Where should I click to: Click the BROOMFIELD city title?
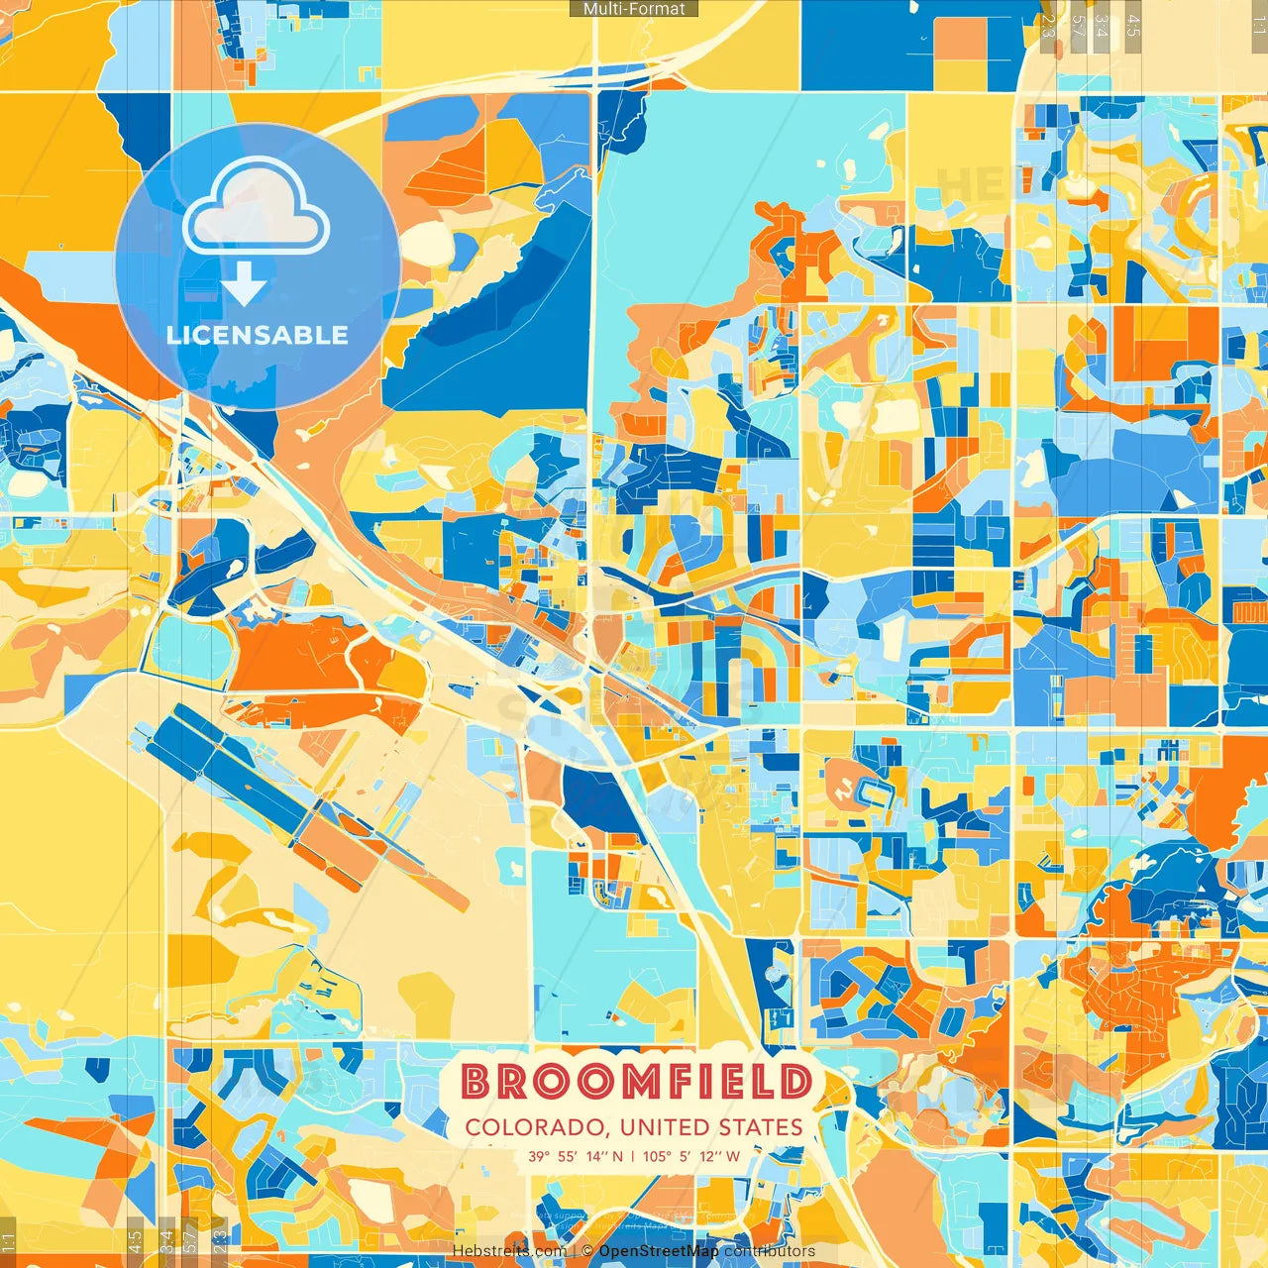[635, 1082]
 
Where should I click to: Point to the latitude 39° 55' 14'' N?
[576, 1156]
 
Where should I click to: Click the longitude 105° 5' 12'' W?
[691, 1156]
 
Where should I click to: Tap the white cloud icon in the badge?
[257, 206]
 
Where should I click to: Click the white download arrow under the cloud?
[244, 287]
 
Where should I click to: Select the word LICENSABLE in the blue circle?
[258, 335]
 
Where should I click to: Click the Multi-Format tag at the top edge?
[634, 9]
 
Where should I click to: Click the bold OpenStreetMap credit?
[659, 1251]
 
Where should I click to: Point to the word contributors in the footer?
[770, 1251]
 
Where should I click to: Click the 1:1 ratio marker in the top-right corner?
[1258, 26]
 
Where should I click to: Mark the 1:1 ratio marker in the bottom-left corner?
[9, 1241]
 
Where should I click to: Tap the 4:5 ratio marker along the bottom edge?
[135, 1241]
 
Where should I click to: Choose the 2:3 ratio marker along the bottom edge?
[219, 1241]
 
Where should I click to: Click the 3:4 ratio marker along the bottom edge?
[166, 1241]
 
